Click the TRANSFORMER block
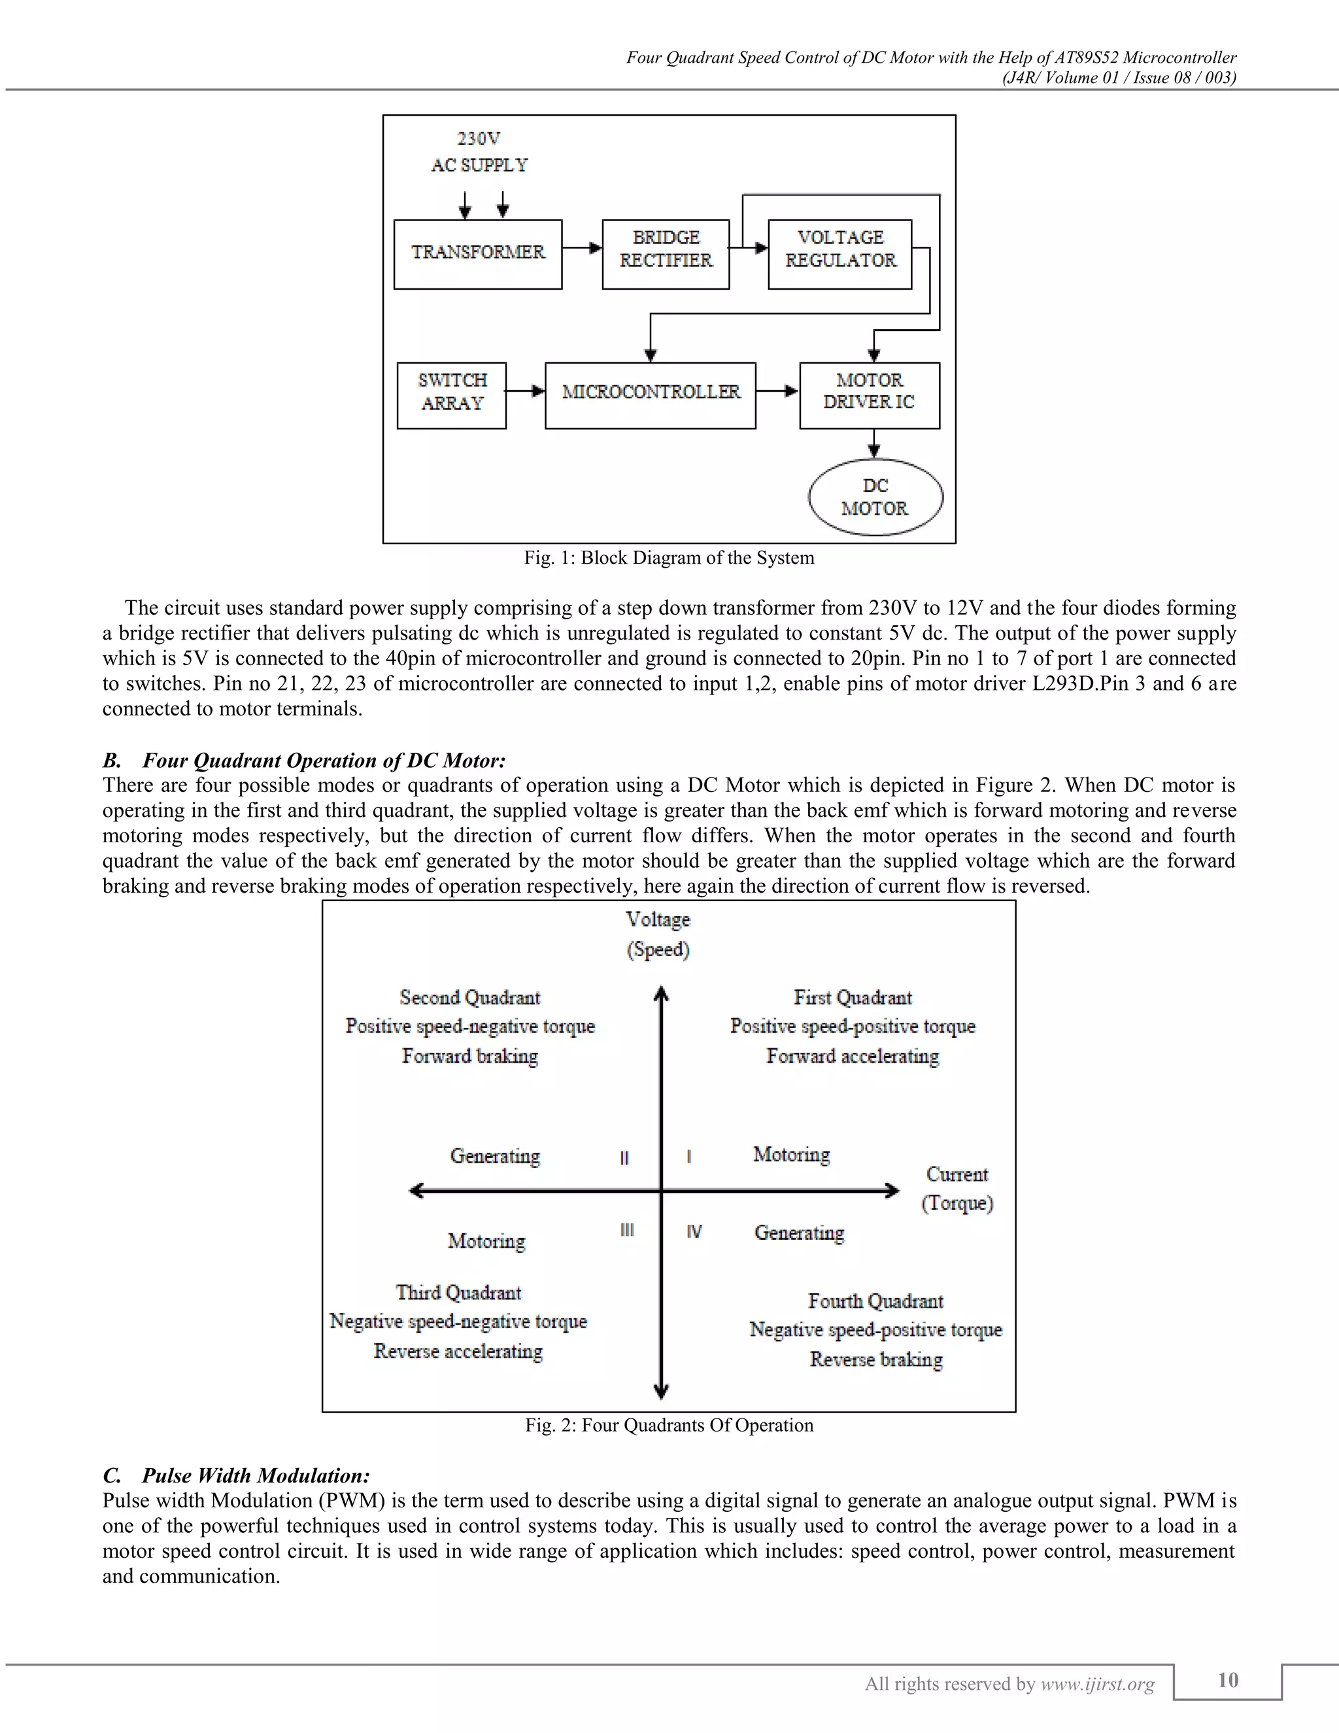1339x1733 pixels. point(477,254)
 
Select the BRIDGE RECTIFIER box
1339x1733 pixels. point(666,254)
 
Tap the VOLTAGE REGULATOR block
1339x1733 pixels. point(839,254)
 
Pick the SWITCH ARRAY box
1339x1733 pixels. point(451,395)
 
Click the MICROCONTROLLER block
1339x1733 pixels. point(651,395)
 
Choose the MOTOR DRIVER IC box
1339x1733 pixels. point(870,395)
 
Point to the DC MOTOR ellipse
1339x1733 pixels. point(875,497)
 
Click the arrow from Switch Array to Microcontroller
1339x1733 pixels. point(525,390)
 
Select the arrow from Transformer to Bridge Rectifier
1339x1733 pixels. point(583,249)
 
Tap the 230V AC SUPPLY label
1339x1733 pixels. point(479,152)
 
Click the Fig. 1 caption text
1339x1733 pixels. point(669,558)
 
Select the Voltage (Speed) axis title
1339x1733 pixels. point(658,934)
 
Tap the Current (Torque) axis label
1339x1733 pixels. point(957,1188)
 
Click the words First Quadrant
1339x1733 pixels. point(853,997)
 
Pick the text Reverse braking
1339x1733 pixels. point(875,1360)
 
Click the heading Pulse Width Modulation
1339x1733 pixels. point(256,1475)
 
